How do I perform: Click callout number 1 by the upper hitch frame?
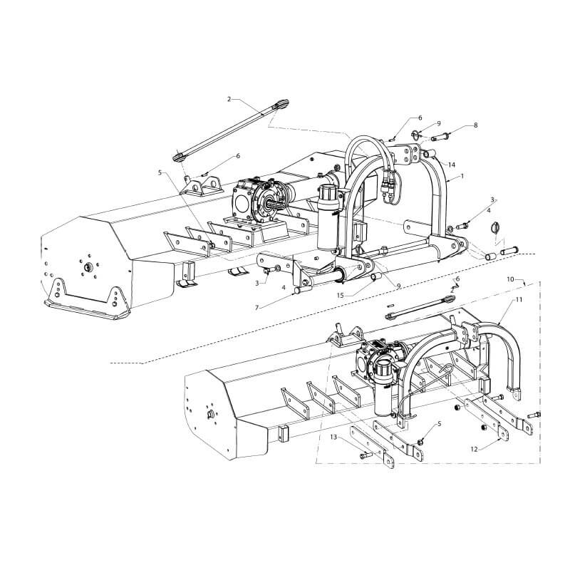pyautogui.click(x=462, y=176)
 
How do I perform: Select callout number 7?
pyautogui.click(x=257, y=308)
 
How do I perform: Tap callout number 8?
pyautogui.click(x=475, y=125)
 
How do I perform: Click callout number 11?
pyautogui.click(x=519, y=299)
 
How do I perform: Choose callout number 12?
pyautogui.click(x=474, y=450)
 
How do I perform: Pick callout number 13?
pyautogui.click(x=333, y=437)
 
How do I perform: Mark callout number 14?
pyautogui.click(x=452, y=165)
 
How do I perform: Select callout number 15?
pyautogui.click(x=341, y=295)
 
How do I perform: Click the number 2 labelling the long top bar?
pyautogui.click(x=229, y=99)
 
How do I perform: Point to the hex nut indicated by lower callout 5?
pyautogui.click(x=420, y=442)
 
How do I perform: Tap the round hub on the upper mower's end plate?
pyautogui.click(x=88, y=267)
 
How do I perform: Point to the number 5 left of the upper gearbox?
pyautogui.click(x=160, y=172)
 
